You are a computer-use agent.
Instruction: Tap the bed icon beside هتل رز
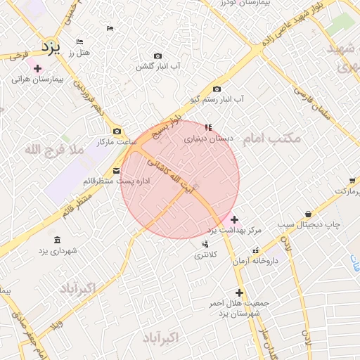[79, 42]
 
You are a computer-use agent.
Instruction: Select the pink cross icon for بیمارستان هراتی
[37, 68]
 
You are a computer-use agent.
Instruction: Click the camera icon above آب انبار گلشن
[157, 56]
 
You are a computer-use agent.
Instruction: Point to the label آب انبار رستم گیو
[215, 99]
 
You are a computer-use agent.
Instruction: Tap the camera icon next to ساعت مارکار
[117, 131]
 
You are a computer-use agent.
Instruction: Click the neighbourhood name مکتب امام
[271, 139]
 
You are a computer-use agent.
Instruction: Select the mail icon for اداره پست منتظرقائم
[117, 170]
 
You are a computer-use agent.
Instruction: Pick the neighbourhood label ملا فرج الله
[53, 150]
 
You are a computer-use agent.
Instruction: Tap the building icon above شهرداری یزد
[57, 239]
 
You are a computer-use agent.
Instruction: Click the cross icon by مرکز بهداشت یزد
[234, 219]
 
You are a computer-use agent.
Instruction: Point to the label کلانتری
[206, 255]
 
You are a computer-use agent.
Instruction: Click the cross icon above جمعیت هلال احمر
[239, 292]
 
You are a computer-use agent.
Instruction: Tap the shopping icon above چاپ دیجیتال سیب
[308, 214]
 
